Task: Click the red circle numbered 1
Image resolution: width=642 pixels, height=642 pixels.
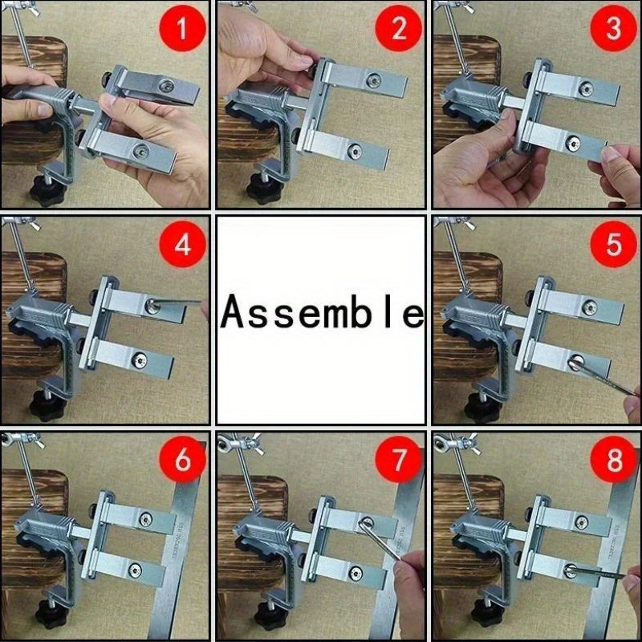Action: pyautogui.click(x=183, y=28)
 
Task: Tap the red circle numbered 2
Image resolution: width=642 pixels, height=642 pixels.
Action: pyautogui.click(x=398, y=28)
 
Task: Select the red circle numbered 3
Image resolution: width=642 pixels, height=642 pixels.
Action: pyautogui.click(x=613, y=28)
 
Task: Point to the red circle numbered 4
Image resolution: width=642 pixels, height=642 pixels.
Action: pyautogui.click(x=183, y=245)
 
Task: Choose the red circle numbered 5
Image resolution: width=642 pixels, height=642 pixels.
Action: pyautogui.click(x=613, y=245)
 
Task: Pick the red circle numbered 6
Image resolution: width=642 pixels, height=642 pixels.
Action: pyautogui.click(x=183, y=460)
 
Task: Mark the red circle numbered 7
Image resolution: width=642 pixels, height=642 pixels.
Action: pyautogui.click(x=398, y=460)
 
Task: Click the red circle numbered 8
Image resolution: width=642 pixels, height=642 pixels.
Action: pyautogui.click(x=613, y=460)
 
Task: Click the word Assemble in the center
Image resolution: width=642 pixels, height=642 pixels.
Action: pyautogui.click(x=322, y=311)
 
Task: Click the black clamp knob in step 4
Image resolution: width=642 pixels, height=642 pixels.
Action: pyautogui.click(x=47, y=406)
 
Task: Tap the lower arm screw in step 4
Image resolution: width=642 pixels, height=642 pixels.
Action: pyautogui.click(x=139, y=360)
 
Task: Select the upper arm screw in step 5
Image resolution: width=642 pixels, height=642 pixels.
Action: pyautogui.click(x=590, y=307)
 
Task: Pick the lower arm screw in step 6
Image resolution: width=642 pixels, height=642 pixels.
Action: pyautogui.click(x=135, y=570)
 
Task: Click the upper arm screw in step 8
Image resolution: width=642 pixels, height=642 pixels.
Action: pyautogui.click(x=581, y=522)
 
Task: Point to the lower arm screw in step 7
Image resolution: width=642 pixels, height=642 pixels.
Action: pyautogui.click(x=356, y=573)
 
